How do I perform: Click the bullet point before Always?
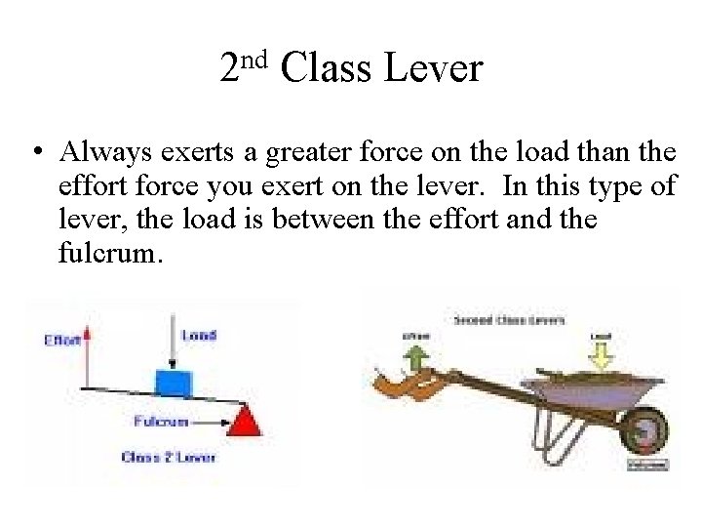[34, 153]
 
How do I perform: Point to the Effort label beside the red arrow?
[63, 341]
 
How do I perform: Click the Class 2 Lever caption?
[169, 457]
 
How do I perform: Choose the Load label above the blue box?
[200, 335]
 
